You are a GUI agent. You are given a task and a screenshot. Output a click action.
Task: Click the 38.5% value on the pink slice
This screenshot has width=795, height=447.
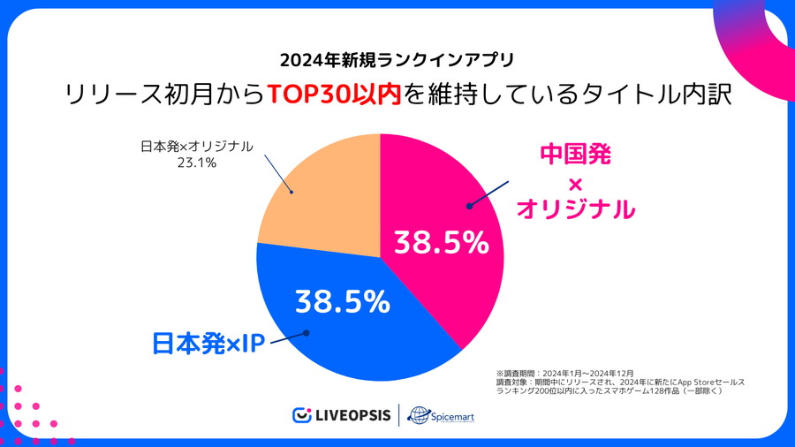441,242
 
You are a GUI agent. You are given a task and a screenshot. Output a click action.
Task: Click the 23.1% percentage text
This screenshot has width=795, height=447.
196,163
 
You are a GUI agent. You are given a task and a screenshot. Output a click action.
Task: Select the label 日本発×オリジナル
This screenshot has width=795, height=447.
196,147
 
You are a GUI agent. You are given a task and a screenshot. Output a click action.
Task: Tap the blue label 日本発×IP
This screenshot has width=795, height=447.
209,343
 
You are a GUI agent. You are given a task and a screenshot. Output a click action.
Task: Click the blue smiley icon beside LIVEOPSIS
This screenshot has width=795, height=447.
302,415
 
